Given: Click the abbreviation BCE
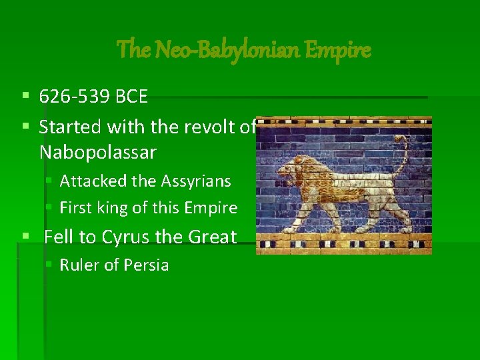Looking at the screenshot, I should click(x=131, y=97).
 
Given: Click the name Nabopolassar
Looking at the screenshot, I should click(x=97, y=153).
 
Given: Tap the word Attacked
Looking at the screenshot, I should click(x=90, y=181).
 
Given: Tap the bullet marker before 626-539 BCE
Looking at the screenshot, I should click(x=25, y=97).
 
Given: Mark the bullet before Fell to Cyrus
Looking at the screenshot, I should click(x=25, y=237).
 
